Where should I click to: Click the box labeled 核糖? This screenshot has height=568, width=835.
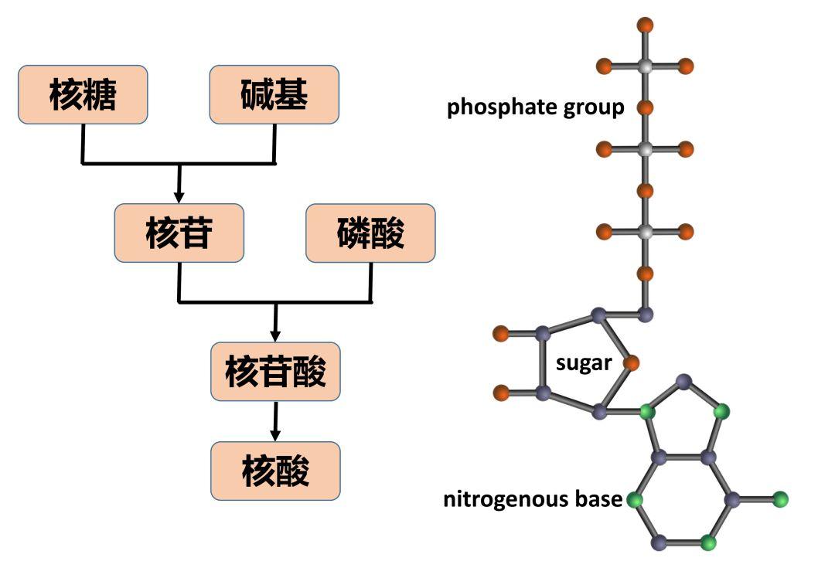[x=83, y=94]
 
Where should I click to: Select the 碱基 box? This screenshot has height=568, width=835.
[x=274, y=94]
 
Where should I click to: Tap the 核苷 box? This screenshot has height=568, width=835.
[x=179, y=233]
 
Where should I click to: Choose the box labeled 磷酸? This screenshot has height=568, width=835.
[x=370, y=233]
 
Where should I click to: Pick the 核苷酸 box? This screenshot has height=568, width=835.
[x=275, y=371]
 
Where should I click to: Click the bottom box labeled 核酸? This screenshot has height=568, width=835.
[x=275, y=470]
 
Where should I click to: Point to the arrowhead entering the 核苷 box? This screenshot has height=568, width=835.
[x=179, y=196]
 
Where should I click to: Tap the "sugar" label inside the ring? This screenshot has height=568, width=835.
[x=584, y=363]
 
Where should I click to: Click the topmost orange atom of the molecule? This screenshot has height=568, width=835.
[x=645, y=25]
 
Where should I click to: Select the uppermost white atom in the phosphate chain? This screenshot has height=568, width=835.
[x=645, y=66]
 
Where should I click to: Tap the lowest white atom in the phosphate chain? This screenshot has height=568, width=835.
[x=645, y=231]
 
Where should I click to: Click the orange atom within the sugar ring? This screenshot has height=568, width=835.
[x=631, y=363]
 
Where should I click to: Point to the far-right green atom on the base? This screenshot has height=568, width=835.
[x=779, y=498]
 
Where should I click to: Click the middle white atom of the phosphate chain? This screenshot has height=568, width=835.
[x=645, y=148]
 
